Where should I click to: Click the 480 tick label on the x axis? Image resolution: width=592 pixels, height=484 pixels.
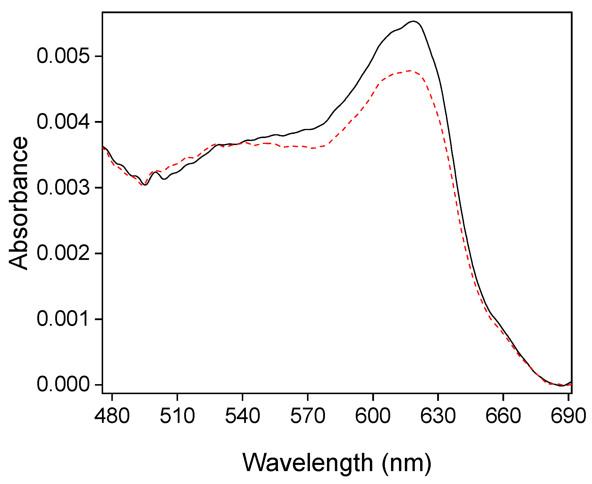click(x=112, y=416)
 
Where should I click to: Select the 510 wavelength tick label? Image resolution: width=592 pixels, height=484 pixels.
click(x=177, y=416)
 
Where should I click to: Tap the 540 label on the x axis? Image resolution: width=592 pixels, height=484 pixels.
click(x=242, y=416)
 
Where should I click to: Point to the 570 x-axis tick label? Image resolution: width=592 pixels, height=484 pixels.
click(x=308, y=416)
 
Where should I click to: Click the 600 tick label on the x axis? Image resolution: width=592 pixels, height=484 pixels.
click(x=373, y=416)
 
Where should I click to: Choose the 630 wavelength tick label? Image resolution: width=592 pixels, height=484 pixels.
click(x=438, y=416)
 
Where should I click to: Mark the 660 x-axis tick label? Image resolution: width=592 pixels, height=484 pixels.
click(x=503, y=416)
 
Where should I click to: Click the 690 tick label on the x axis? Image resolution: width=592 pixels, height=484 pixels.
click(x=568, y=416)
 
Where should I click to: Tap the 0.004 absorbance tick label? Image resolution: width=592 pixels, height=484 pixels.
click(x=63, y=122)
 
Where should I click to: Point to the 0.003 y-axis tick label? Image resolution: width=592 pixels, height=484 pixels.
click(x=63, y=187)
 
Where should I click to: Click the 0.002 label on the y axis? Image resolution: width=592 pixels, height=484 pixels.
click(x=63, y=253)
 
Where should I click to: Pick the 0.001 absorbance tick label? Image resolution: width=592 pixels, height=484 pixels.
click(x=63, y=319)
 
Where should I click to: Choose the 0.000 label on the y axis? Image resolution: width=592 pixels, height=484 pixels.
click(x=63, y=384)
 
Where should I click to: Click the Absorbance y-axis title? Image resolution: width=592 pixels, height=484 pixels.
click(x=18, y=203)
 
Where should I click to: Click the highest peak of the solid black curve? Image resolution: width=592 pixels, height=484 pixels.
click(x=413, y=21)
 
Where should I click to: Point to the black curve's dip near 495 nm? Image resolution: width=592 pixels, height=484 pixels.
click(x=145, y=185)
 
